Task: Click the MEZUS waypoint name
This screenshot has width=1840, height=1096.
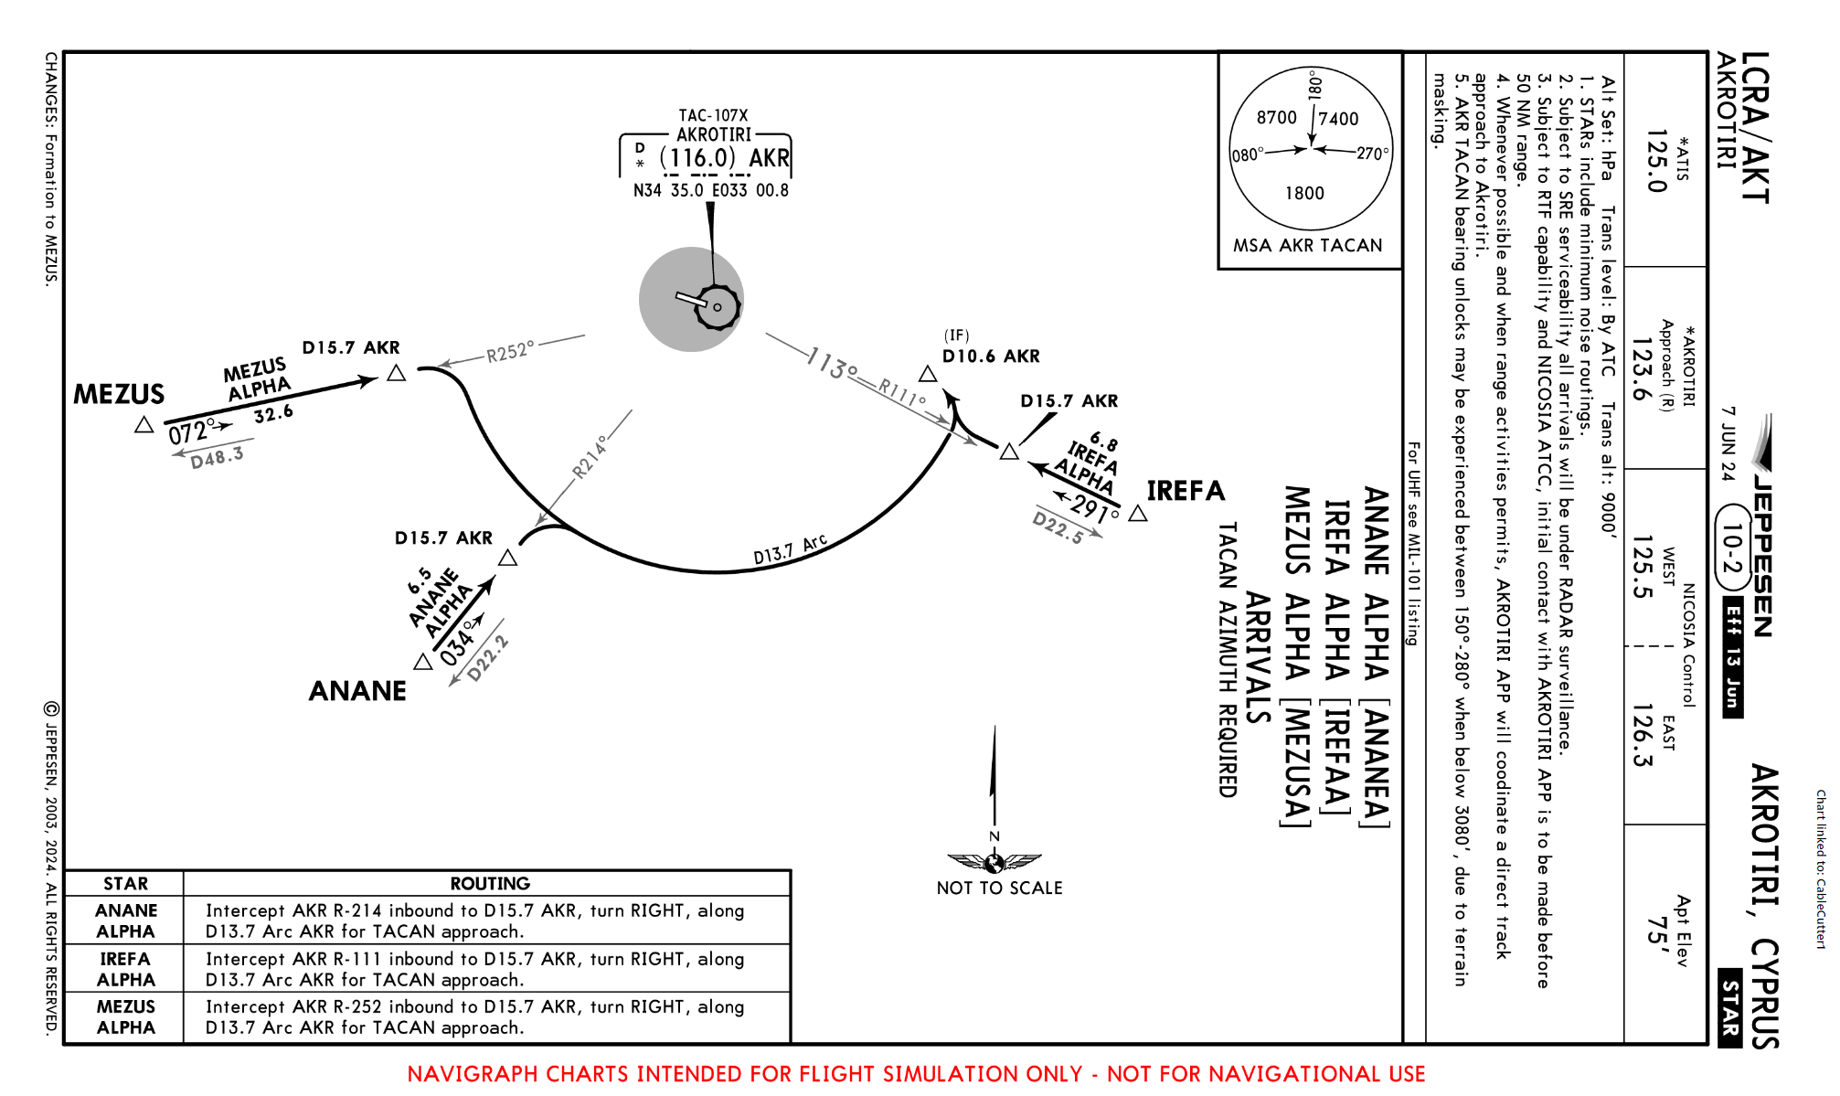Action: [x=119, y=395]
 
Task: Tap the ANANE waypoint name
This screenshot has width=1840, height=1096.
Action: [x=357, y=691]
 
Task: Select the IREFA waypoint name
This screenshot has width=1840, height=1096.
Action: [x=1186, y=491]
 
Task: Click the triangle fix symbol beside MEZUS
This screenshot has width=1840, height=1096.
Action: [x=144, y=425]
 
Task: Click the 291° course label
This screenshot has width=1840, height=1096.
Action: [x=1095, y=507]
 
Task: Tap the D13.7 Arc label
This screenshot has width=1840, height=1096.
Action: [x=790, y=549]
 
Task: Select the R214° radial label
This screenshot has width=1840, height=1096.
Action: [x=590, y=457]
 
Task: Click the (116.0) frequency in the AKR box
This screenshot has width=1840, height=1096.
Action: [x=697, y=158]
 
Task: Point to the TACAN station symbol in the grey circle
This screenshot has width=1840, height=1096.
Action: [x=717, y=306]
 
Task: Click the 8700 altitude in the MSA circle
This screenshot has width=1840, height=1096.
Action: [x=1276, y=118]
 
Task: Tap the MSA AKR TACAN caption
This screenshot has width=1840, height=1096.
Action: [x=1307, y=246]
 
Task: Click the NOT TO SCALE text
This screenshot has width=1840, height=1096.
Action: [x=999, y=889]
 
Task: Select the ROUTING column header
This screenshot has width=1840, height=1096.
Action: [x=490, y=884]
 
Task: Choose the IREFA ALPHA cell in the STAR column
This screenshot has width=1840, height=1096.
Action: [x=126, y=969]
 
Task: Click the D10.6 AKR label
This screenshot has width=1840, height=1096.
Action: [x=991, y=356]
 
